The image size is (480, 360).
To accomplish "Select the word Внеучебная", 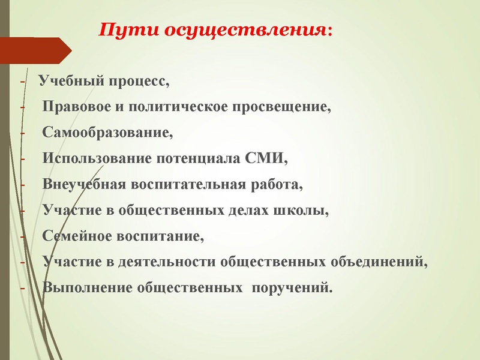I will [84, 184].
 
